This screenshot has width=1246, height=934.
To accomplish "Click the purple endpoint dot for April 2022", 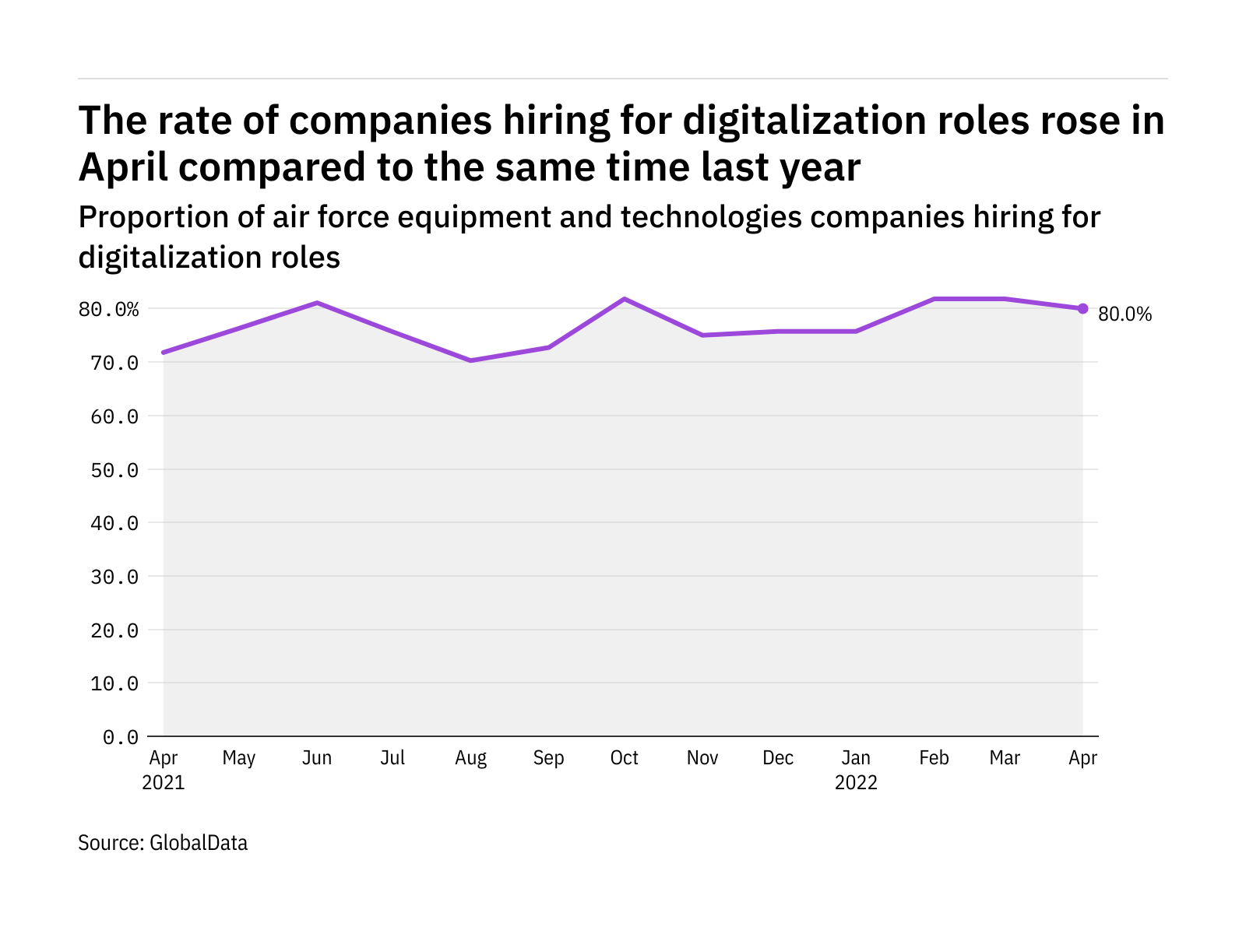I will coord(1082,309).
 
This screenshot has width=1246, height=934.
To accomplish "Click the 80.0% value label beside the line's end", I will coord(1125,314).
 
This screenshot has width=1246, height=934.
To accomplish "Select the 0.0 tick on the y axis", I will coord(121,737).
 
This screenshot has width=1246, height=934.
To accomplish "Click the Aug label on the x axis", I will coord(470,758).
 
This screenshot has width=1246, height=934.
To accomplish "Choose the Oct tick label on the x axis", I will coord(625,758).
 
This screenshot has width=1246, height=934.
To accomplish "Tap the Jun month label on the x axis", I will coord(317,758).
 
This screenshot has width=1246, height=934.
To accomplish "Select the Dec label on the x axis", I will coord(778,758).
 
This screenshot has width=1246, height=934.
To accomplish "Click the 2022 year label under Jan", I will coord(856,783).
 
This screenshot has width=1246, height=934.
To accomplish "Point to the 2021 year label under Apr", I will coord(164,783).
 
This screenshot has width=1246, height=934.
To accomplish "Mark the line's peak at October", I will coord(625,299).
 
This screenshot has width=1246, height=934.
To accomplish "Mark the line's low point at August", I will coord(470,360).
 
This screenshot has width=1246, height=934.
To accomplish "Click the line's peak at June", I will coord(317,303).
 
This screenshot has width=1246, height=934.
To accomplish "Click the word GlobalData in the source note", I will coord(199,843).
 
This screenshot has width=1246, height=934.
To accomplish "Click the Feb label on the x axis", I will coord(934,758).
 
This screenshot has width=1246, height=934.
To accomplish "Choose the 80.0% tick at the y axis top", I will coord(109,310).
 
